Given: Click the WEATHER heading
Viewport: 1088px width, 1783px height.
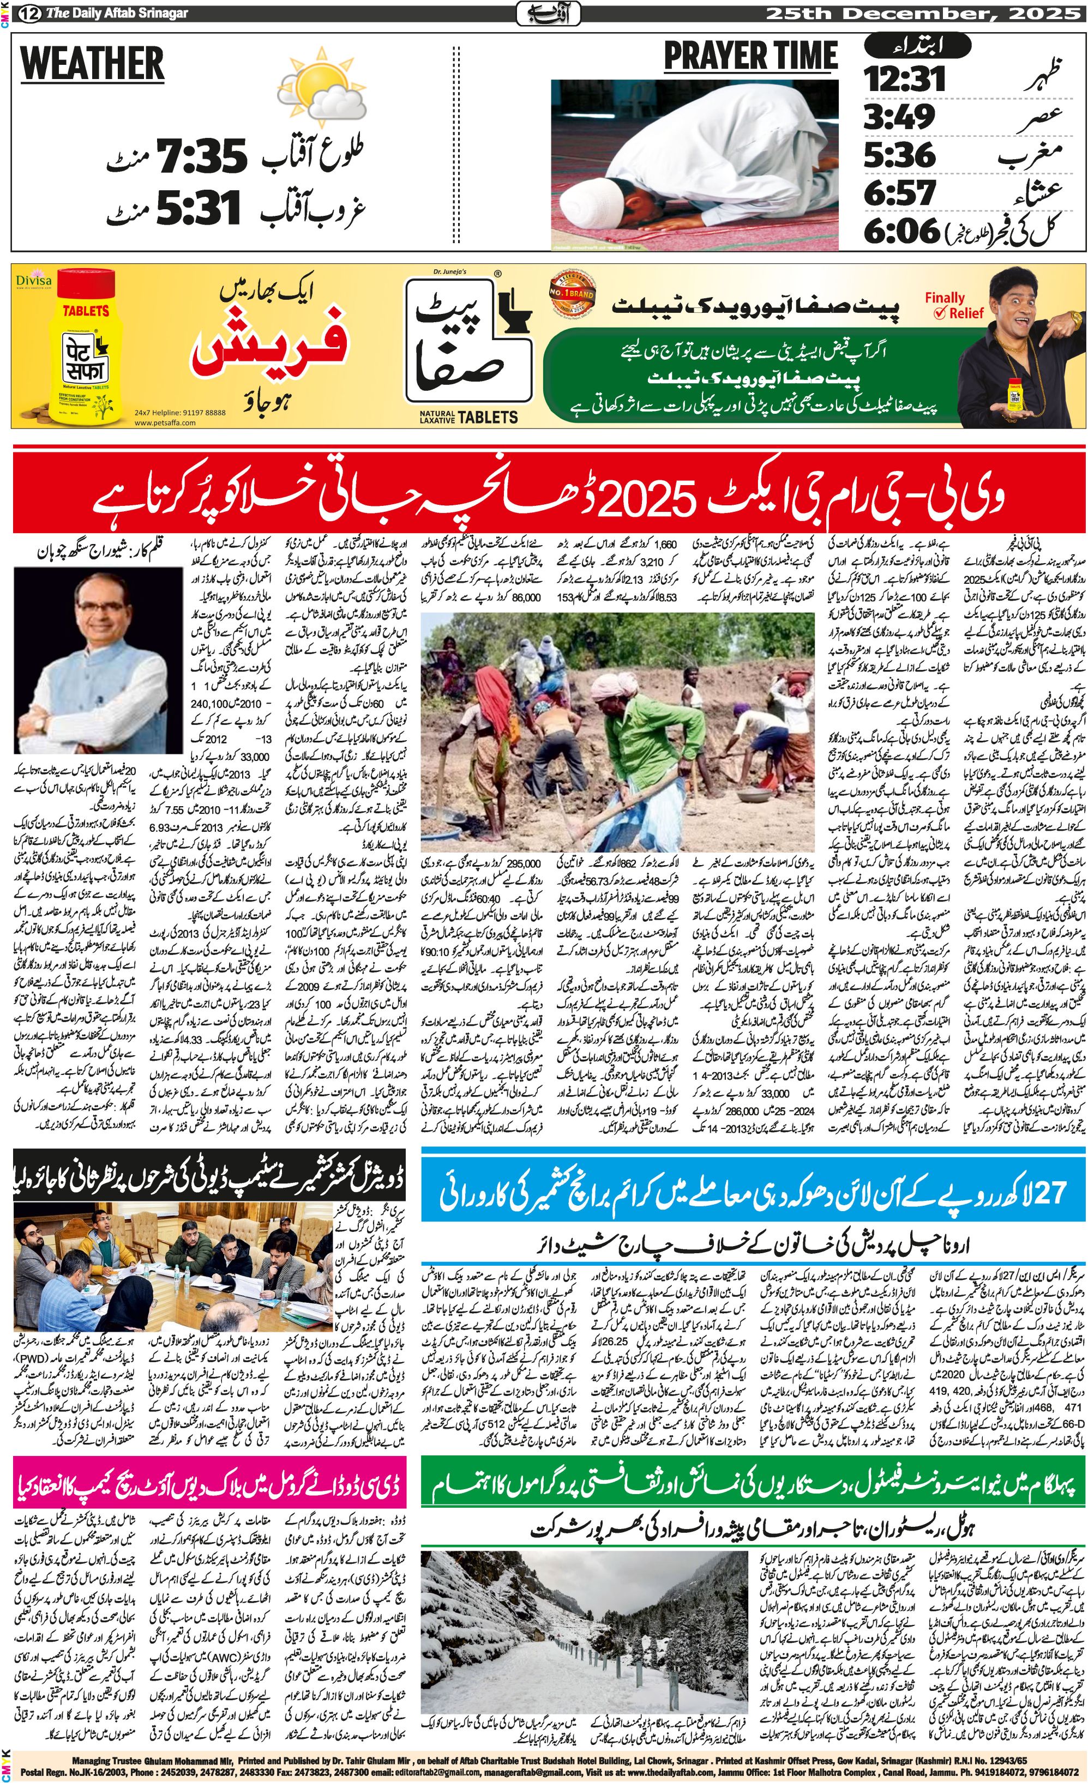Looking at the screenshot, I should pyautogui.click(x=92, y=64).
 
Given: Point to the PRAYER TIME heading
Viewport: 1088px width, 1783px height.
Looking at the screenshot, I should pyautogui.click(x=750, y=57).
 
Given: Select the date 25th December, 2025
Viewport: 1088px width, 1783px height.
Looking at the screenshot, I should pyautogui.click(x=911, y=13).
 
